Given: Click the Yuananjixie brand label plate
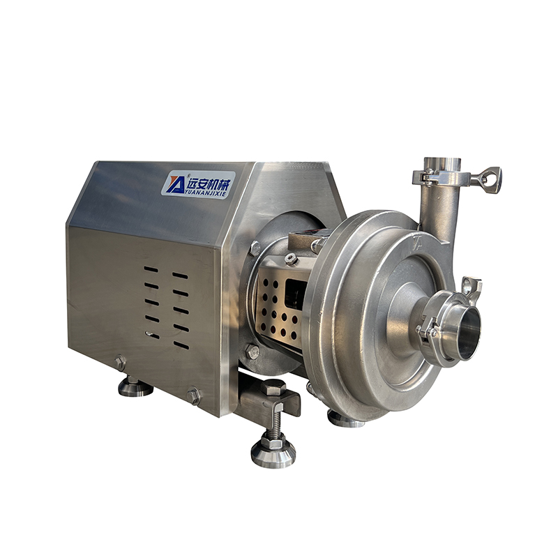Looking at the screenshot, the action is click(x=198, y=184).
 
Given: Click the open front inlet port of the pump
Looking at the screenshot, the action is click(x=469, y=333).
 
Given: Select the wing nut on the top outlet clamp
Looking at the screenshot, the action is click(x=490, y=179).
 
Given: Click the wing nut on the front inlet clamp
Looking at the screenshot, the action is click(x=472, y=287).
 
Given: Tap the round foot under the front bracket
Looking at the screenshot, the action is click(x=273, y=453).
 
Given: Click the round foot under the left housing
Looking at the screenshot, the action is click(x=135, y=387).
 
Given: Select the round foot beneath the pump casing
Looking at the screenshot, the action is click(x=345, y=419).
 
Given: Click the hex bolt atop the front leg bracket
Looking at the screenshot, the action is click(x=273, y=387).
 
